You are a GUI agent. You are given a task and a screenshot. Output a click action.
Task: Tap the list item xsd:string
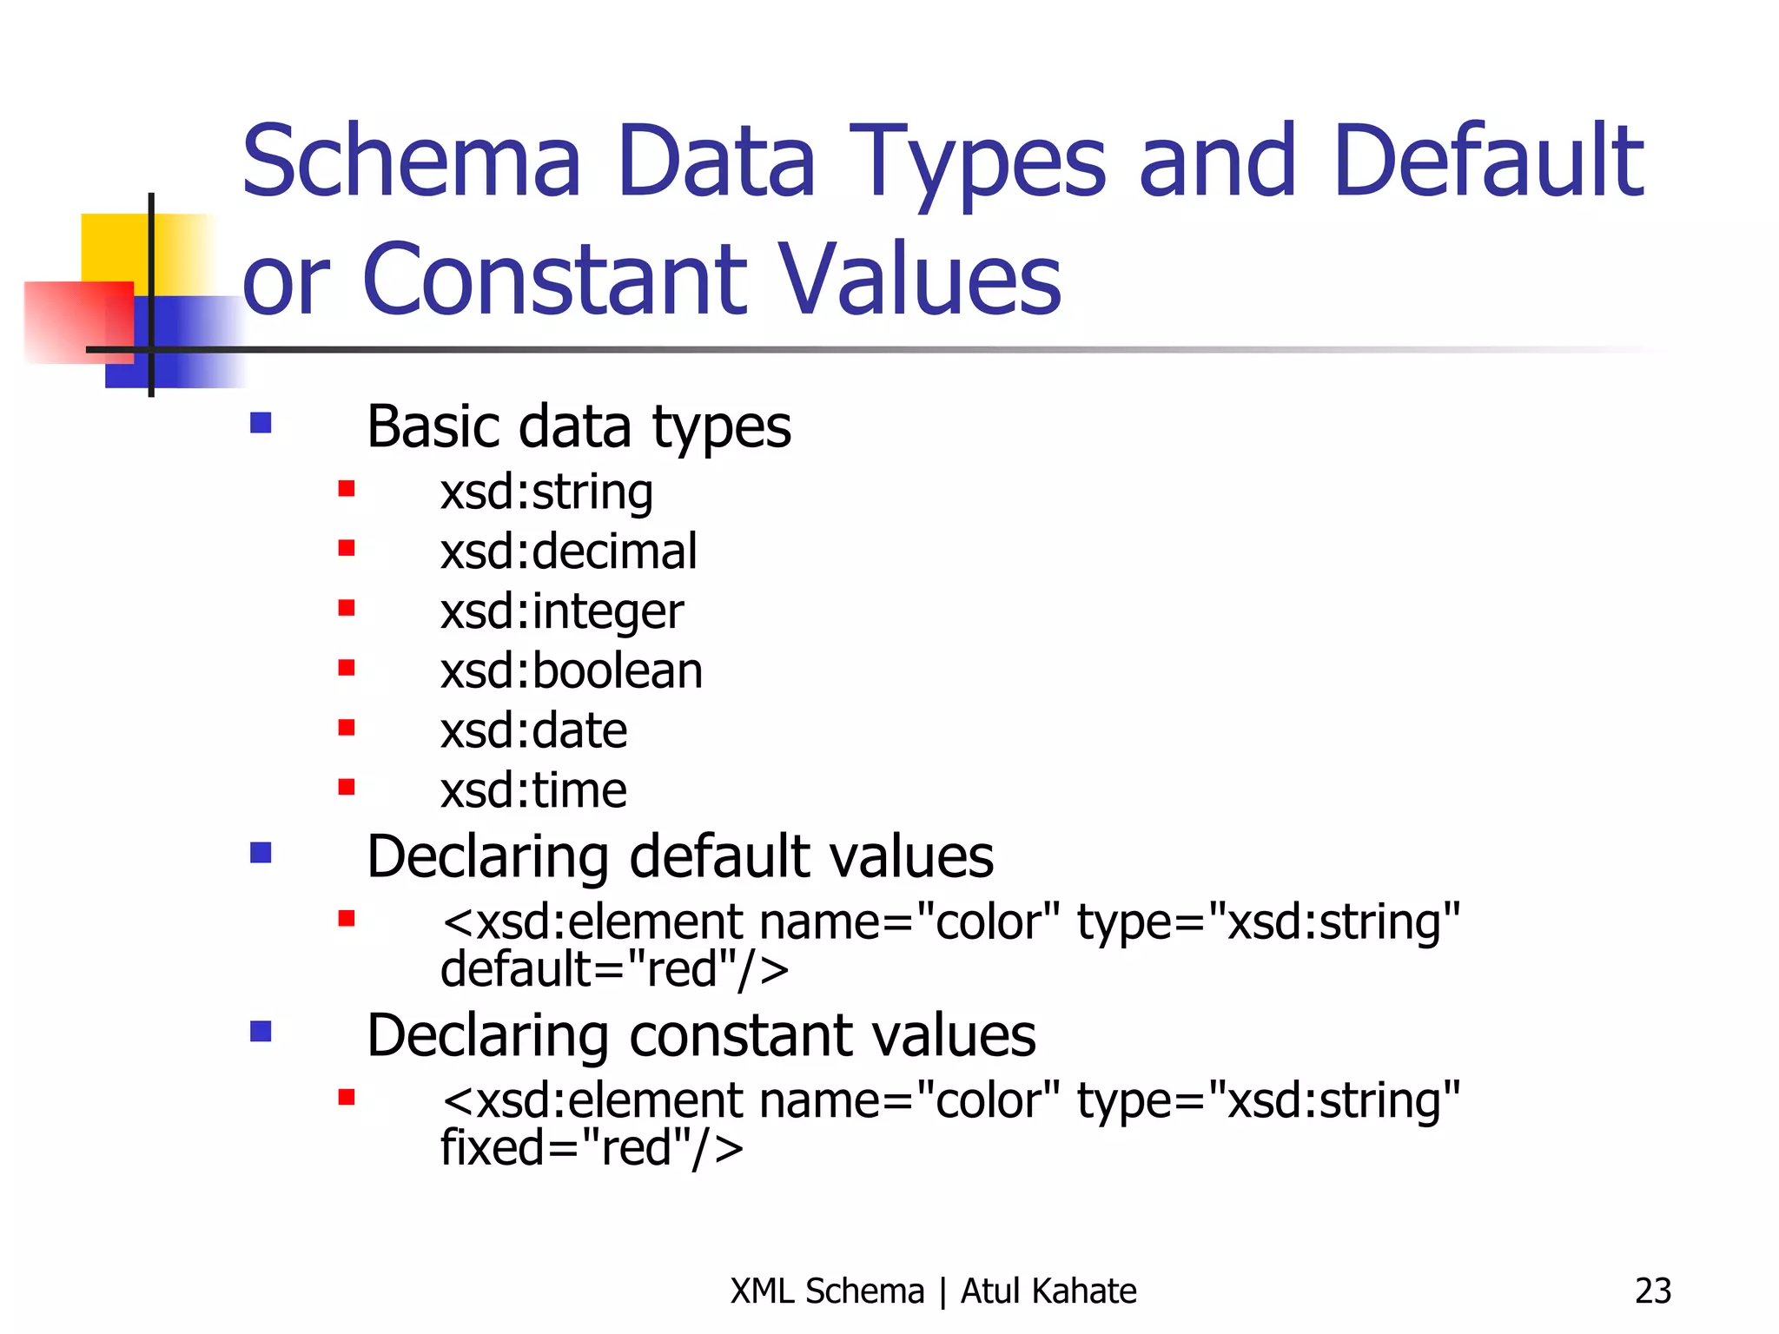[x=546, y=492]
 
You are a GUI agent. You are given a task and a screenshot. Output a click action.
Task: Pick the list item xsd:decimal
[x=568, y=551]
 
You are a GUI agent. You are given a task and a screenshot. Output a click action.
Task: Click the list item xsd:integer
[x=561, y=611]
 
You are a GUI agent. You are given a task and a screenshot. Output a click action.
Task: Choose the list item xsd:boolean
[x=571, y=671]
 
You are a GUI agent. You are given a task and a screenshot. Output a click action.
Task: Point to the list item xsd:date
[x=533, y=730]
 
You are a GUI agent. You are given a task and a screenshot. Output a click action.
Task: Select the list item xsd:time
[x=533, y=790]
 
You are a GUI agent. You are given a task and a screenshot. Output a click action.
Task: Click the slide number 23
[x=1652, y=1291]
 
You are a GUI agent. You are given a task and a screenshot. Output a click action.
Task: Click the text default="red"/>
[x=614, y=969]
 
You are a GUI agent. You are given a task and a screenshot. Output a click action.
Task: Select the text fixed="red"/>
[x=592, y=1147]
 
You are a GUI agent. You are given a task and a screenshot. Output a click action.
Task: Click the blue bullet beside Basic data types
[x=261, y=423]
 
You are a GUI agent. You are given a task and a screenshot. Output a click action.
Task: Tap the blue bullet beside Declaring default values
[x=261, y=853]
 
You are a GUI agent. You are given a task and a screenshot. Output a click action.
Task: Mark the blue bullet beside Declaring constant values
[x=261, y=1031]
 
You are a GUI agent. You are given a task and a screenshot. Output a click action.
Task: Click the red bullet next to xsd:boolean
[x=347, y=668]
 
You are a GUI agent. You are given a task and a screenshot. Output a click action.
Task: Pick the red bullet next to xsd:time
[x=347, y=787]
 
